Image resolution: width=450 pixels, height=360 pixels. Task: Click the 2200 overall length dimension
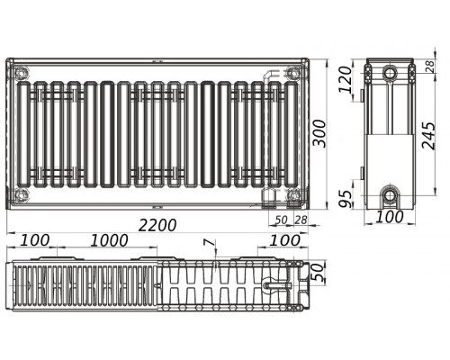click(x=157, y=225)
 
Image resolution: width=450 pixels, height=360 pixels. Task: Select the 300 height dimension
click(x=319, y=133)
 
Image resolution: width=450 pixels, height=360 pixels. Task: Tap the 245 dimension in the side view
click(x=428, y=135)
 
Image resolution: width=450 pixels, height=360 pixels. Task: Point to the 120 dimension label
click(x=345, y=80)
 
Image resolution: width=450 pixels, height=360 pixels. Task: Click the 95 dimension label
click(x=345, y=199)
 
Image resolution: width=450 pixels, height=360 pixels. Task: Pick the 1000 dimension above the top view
click(x=110, y=240)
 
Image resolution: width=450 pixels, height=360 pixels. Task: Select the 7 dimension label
click(x=214, y=243)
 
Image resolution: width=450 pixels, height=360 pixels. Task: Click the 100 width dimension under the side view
click(x=390, y=217)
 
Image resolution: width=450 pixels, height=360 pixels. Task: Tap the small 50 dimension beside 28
click(x=281, y=220)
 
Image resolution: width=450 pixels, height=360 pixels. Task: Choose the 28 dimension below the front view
click(x=301, y=220)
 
